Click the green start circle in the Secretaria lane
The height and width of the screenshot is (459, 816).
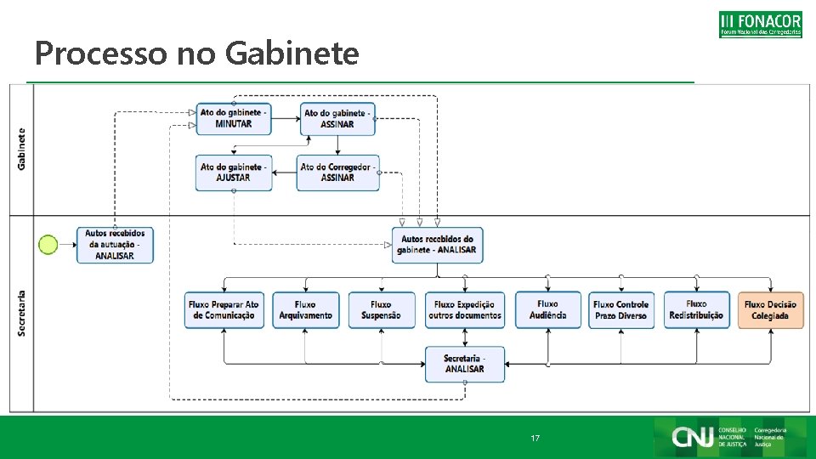pyautogui.click(x=48, y=245)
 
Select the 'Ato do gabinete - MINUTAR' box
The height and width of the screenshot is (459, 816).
pyautogui.click(x=235, y=119)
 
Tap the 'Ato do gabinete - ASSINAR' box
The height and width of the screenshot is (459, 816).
pyautogui.click(x=337, y=119)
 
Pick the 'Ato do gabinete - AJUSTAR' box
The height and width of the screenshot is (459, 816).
pyautogui.click(x=234, y=173)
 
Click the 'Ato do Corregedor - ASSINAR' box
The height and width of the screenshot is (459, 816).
pyautogui.click(x=337, y=173)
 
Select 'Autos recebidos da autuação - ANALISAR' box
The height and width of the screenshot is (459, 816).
pyautogui.click(x=116, y=245)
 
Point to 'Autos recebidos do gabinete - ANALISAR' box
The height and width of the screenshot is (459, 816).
pyautogui.click(x=437, y=245)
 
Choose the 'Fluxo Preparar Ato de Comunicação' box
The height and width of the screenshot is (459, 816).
pyautogui.click(x=224, y=310)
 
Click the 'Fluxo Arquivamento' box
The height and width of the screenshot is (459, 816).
pyautogui.click(x=306, y=310)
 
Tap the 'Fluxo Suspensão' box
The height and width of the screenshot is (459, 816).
pyautogui.click(x=382, y=310)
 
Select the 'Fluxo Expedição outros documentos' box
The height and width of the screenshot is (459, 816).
pyautogui.click(x=465, y=310)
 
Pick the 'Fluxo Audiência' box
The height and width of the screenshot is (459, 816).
pyautogui.click(x=548, y=309)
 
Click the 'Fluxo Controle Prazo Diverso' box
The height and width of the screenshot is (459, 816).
pyautogui.click(x=621, y=310)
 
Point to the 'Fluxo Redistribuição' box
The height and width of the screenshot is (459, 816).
pyautogui.click(x=696, y=309)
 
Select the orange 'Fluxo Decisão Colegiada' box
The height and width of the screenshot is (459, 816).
pyautogui.click(x=770, y=310)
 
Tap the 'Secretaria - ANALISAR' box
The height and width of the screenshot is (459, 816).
pyautogui.click(x=465, y=364)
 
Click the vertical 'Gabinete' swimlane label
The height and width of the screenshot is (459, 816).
pyautogui.click(x=21, y=149)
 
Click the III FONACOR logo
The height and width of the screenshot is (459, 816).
pyautogui.click(x=760, y=24)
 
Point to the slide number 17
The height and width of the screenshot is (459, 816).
pyautogui.click(x=535, y=439)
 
